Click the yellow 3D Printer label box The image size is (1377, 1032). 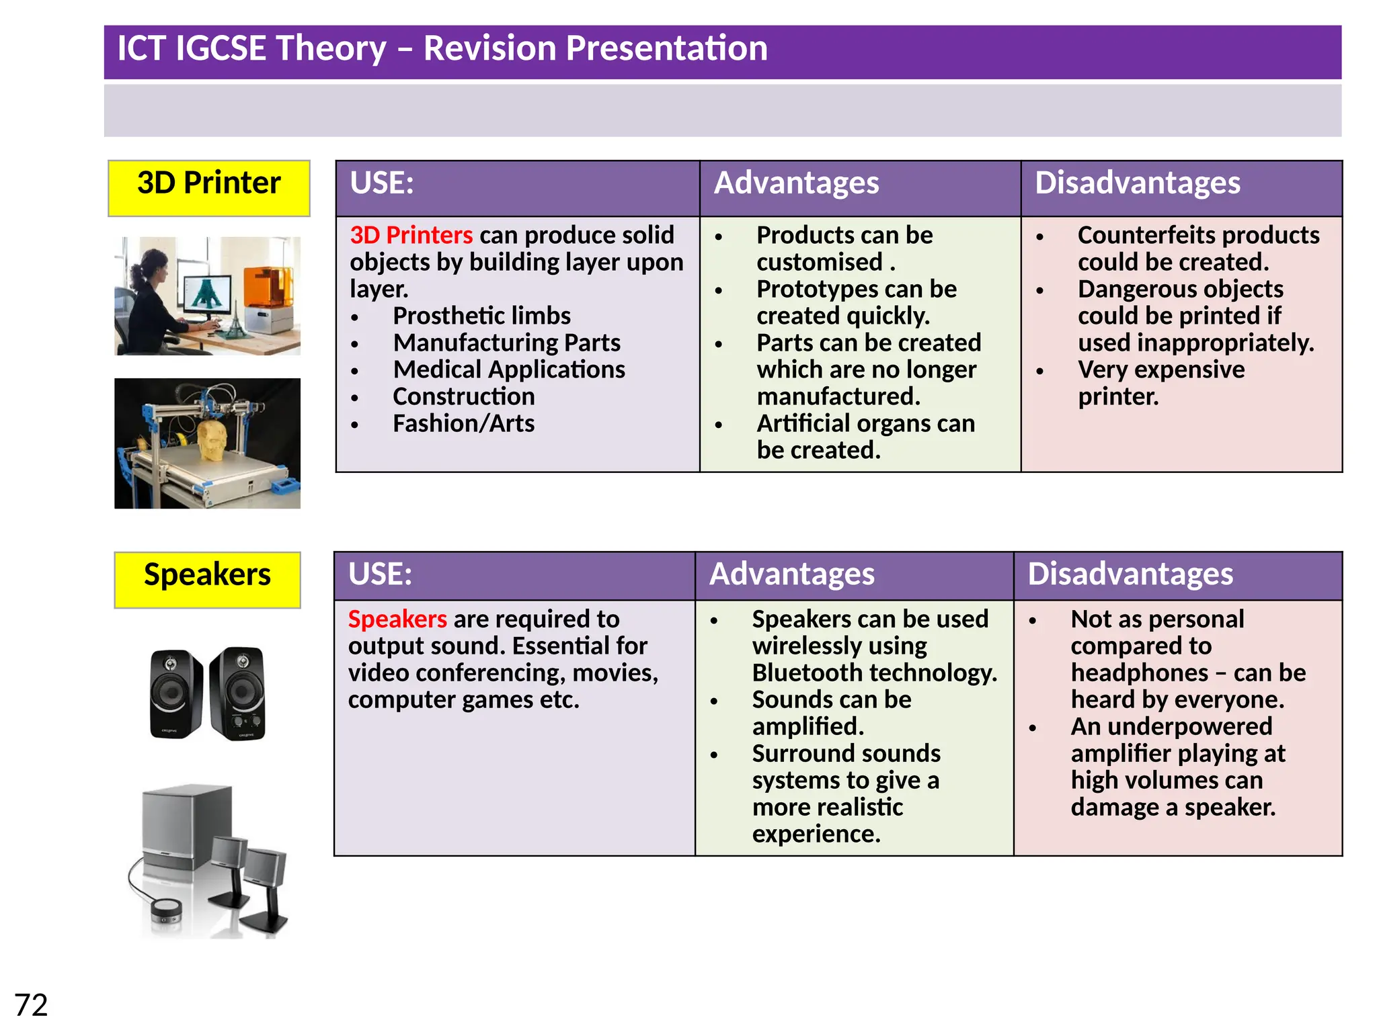point(208,187)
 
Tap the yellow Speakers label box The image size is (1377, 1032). point(207,579)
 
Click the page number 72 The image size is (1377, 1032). point(31,1005)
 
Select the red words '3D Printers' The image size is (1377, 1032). point(411,235)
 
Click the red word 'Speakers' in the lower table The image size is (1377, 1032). point(397,619)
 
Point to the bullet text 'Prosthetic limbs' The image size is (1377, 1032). point(481,316)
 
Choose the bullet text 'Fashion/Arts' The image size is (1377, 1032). point(463,423)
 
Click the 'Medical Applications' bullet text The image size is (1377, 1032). point(509,370)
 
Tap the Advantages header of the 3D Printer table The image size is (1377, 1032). point(796,183)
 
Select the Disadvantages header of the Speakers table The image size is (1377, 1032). point(1130,574)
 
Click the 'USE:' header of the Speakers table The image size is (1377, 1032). point(380,574)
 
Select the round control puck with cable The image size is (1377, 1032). point(165,910)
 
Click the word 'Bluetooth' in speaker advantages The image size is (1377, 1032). point(804,673)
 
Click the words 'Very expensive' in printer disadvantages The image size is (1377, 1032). point(1160,370)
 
